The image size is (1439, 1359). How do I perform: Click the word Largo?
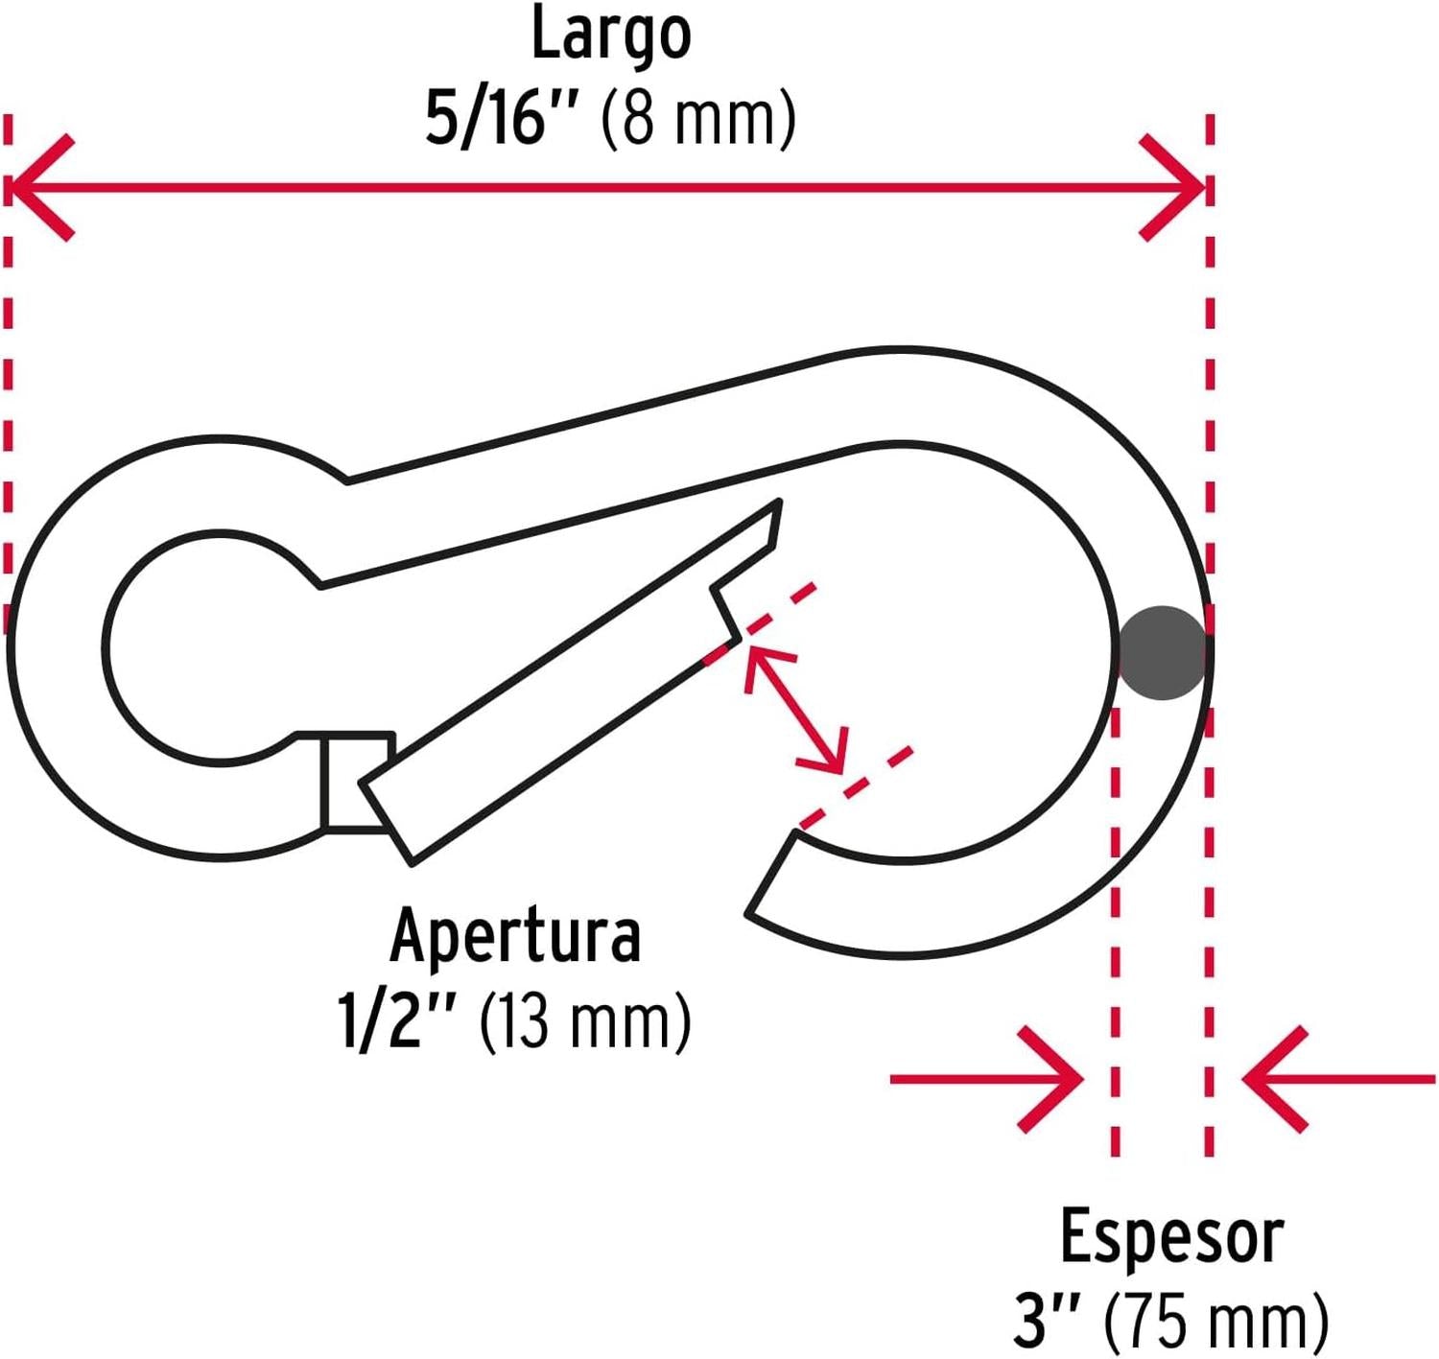(611, 35)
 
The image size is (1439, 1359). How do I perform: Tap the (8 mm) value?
(698, 119)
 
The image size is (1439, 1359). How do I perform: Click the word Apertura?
(515, 936)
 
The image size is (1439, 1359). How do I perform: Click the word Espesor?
(1171, 1237)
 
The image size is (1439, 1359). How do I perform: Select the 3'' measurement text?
(1047, 1322)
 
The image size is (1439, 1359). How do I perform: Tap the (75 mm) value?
(1216, 1322)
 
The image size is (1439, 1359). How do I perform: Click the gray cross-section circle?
(1162, 653)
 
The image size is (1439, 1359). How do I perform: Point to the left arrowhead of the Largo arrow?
(38, 187)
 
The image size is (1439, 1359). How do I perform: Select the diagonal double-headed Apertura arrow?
(795, 710)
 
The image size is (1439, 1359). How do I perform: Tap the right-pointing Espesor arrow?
(988, 1079)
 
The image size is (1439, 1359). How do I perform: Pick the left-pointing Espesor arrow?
(1338, 1079)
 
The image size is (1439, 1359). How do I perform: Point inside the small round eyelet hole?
(206, 648)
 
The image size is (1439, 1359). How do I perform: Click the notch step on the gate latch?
(724, 610)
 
